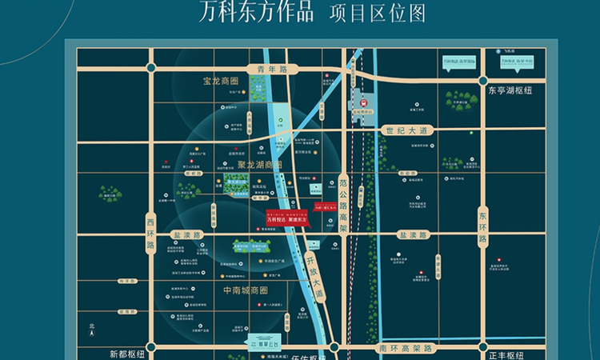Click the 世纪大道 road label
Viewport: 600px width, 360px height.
pyautogui.click(x=408, y=130)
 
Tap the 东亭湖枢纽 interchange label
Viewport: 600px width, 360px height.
pyautogui.click(x=510, y=90)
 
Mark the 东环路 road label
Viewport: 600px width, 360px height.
pyautogui.click(x=482, y=228)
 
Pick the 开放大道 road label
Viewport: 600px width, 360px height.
pyautogui.click(x=315, y=276)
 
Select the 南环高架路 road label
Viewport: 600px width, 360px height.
pyautogui.click(x=406, y=350)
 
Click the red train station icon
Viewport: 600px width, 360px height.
pyautogui.click(x=364, y=102)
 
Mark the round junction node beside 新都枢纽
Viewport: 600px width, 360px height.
pyautogui.click(x=147, y=350)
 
